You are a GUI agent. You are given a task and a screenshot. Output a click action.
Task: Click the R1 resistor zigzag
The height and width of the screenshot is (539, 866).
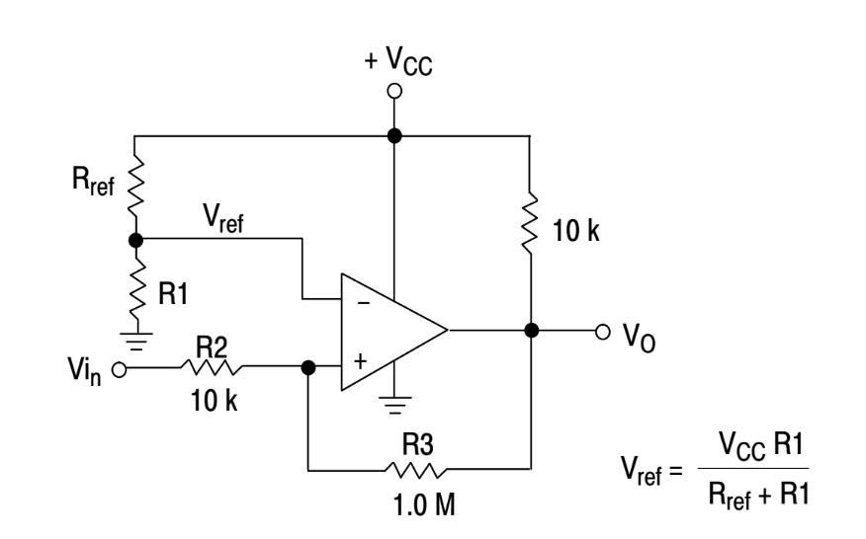coord(135,286)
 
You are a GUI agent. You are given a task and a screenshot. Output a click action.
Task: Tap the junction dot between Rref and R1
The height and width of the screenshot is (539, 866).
coord(135,239)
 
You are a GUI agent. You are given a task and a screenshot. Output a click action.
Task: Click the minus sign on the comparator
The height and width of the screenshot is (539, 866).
coord(361,302)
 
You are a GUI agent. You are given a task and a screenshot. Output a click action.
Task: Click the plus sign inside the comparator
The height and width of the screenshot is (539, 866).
coord(360,361)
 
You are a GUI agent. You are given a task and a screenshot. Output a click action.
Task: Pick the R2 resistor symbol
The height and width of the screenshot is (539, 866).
coord(209,368)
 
